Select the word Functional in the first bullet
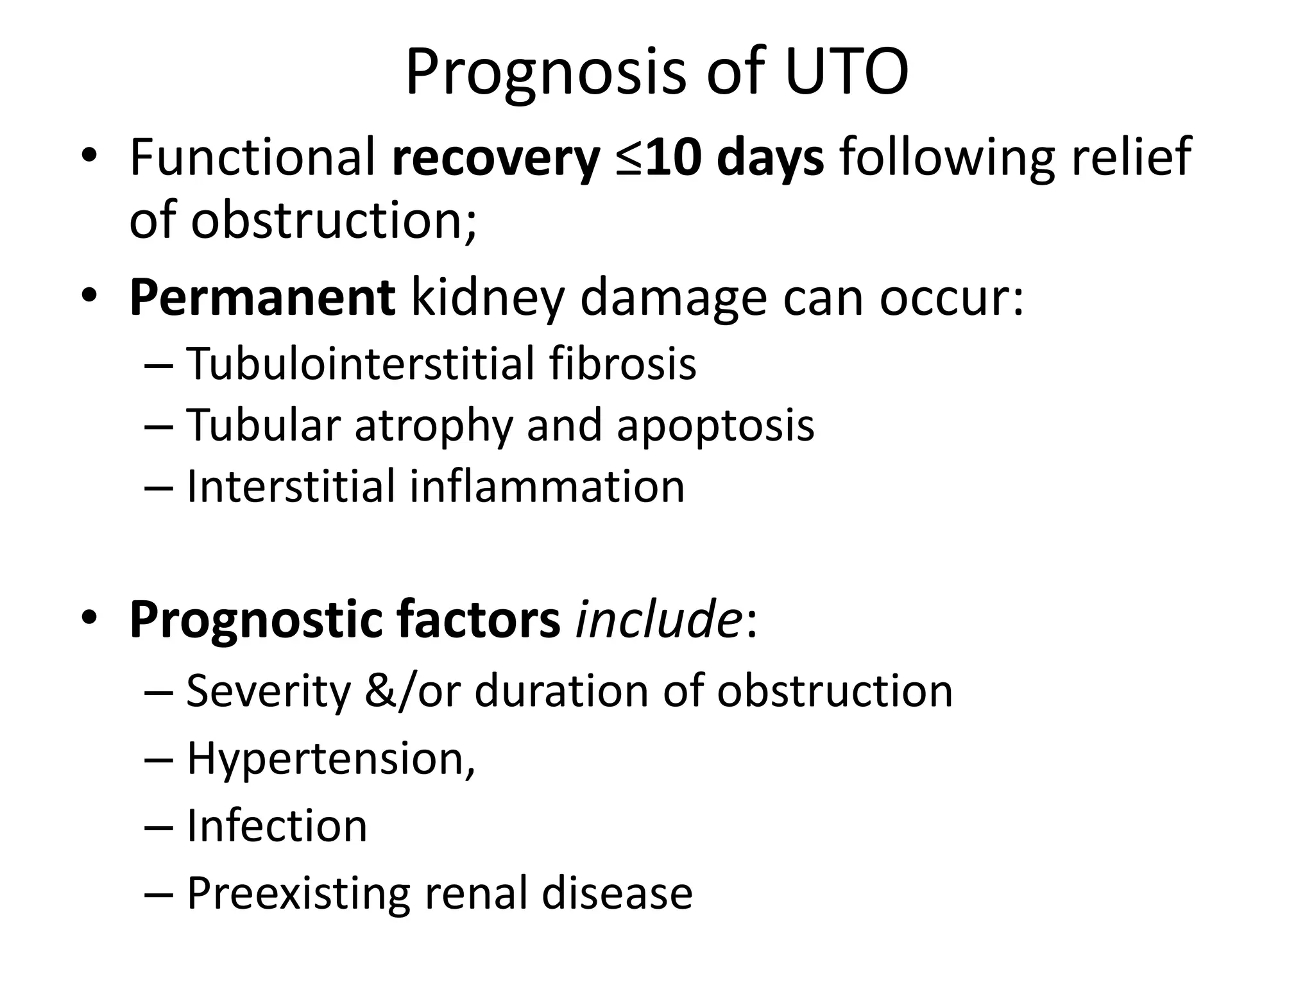252,158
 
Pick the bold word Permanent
262,298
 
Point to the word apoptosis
715,426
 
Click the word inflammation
547,487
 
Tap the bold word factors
478,619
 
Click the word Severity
268,692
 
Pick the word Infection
277,826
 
